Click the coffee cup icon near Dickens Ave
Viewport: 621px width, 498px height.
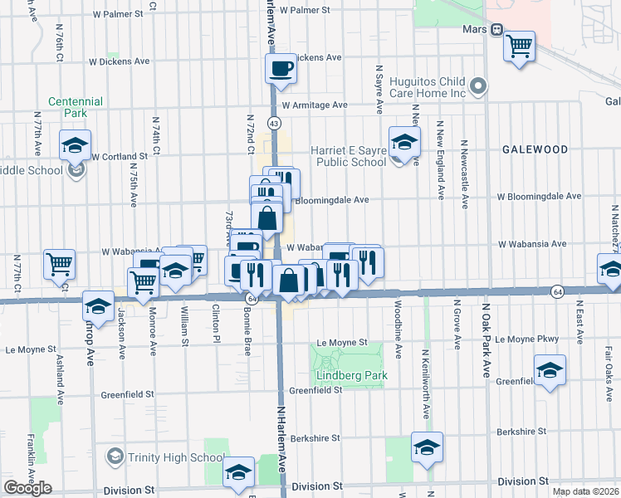(x=281, y=67)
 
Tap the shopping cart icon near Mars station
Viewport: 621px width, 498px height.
(x=520, y=46)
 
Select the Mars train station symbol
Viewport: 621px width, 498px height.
(x=496, y=30)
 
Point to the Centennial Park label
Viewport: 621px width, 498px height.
(x=76, y=108)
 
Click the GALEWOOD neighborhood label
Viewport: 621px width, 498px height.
(x=535, y=149)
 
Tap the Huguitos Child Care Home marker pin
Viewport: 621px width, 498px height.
(x=478, y=85)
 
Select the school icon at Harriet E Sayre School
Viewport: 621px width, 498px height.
(x=404, y=141)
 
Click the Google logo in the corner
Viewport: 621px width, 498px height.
(x=27, y=488)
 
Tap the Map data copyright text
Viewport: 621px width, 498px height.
(x=585, y=491)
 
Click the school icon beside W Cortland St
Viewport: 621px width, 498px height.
(x=75, y=144)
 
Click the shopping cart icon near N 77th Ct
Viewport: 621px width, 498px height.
(x=60, y=264)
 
